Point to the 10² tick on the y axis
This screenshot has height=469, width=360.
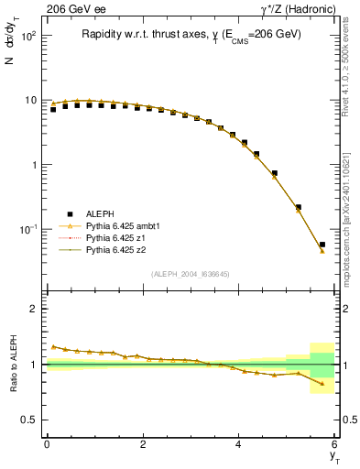[27, 37]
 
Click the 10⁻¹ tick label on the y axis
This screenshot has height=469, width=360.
[27, 229]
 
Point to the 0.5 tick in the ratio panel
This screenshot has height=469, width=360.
[30, 420]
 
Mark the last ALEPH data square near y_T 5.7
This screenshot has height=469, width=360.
[322, 245]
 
